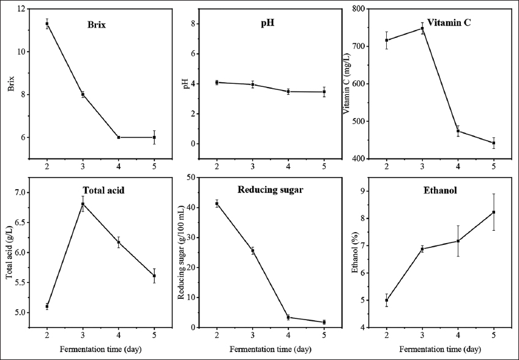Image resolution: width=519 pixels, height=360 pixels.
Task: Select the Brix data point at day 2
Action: pos(47,24)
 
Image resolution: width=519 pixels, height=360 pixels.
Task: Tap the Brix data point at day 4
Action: pos(118,137)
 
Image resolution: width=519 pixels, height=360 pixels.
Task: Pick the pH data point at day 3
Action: pos(252,84)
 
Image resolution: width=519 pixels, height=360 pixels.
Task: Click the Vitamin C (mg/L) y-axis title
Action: pos(347,84)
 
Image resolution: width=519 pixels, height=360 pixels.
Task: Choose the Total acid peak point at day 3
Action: pos(83,204)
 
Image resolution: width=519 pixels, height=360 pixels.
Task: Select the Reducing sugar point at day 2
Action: pos(217,203)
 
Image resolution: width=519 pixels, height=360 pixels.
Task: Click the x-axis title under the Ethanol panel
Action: pos(439,350)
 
